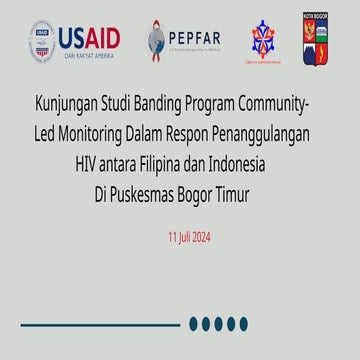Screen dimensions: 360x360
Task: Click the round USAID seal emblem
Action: point(41,41)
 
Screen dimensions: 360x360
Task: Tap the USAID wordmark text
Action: point(89,38)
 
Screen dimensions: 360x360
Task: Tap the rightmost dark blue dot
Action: point(243,323)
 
